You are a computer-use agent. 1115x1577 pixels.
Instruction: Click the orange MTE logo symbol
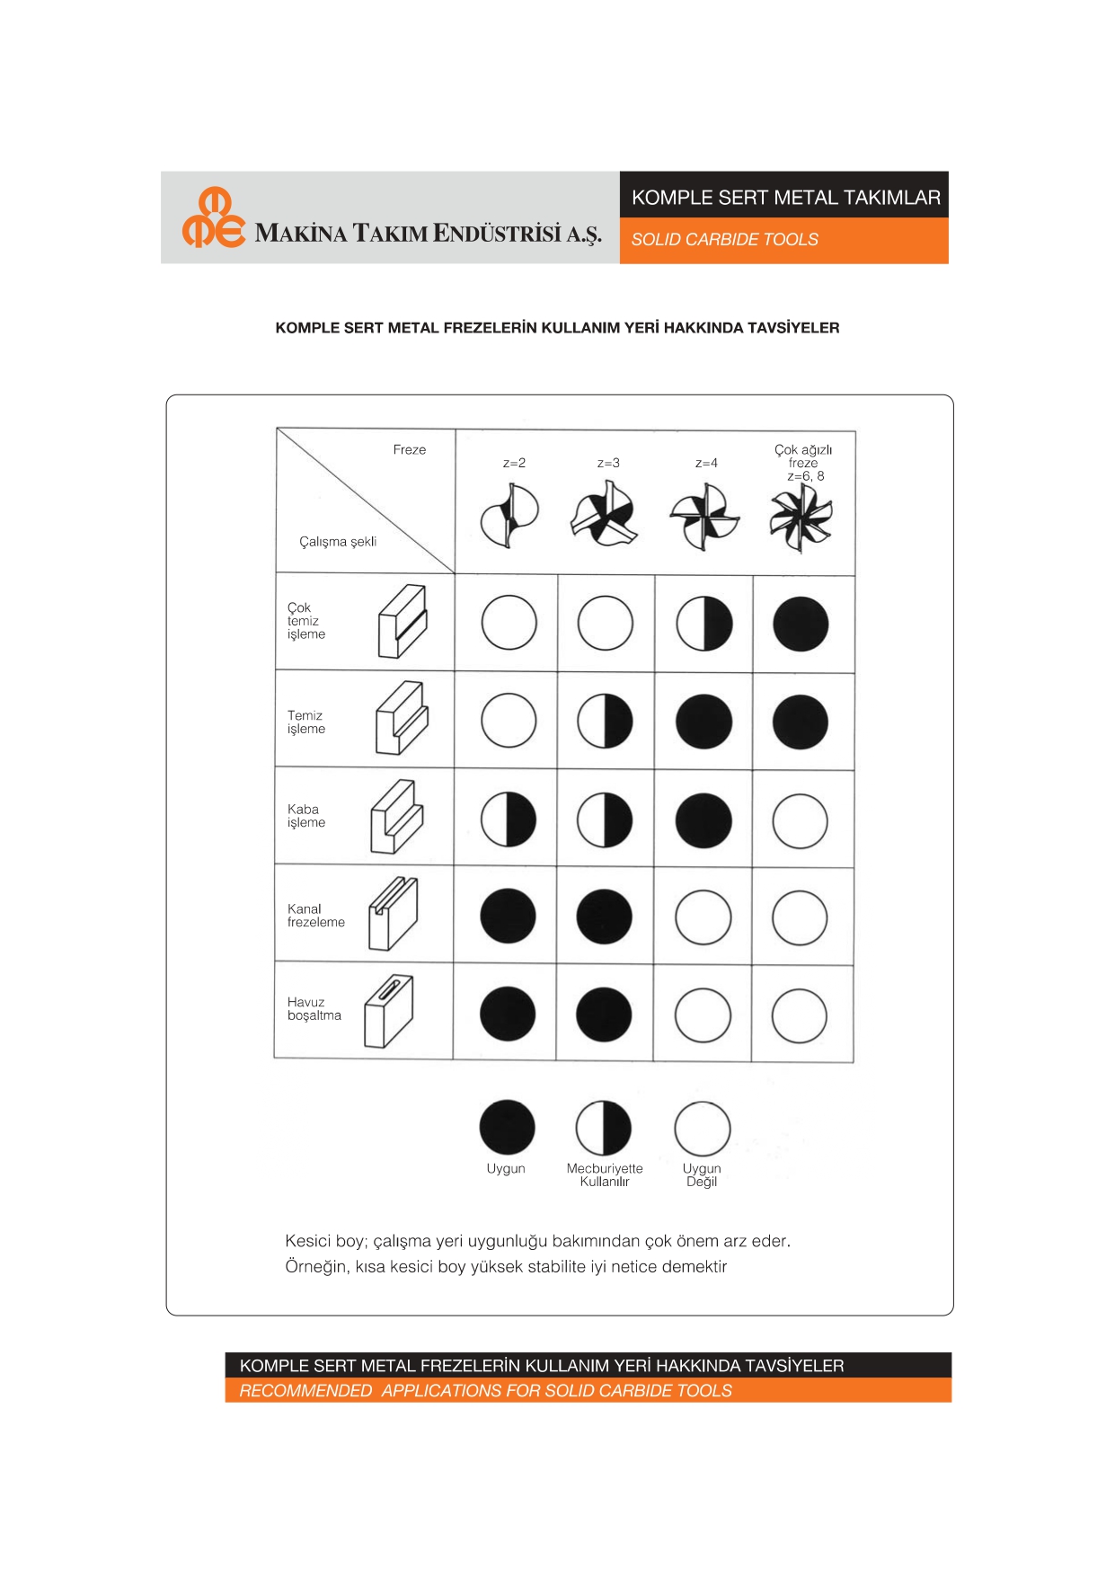213,217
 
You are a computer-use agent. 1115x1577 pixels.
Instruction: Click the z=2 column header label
514,463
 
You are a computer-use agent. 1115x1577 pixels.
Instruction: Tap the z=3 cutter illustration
604,514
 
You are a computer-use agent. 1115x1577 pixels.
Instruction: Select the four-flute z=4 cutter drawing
704,516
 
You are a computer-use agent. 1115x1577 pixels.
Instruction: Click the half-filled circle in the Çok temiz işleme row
704,624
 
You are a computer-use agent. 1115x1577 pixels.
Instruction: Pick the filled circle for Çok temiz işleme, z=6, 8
801,624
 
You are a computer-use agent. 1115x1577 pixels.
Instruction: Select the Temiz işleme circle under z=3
605,721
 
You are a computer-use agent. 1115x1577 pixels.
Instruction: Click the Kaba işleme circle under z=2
509,820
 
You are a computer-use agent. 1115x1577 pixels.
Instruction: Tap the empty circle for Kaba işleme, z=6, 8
800,820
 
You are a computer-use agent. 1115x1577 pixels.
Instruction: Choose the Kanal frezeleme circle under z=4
703,917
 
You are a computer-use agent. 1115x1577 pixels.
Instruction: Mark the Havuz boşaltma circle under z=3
604,1014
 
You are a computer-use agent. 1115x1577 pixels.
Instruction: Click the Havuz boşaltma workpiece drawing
388,1012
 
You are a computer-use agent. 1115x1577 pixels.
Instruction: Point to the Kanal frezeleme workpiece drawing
393,914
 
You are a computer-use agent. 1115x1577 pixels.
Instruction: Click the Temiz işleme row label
306,722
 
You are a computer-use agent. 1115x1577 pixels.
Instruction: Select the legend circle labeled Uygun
508,1127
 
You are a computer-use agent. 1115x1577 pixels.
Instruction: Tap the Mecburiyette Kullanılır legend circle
604,1128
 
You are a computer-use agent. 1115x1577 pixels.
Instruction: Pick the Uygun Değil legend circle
702,1129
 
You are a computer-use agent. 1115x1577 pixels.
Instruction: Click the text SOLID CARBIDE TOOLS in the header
724,240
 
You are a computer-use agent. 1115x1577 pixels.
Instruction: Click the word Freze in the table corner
409,449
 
